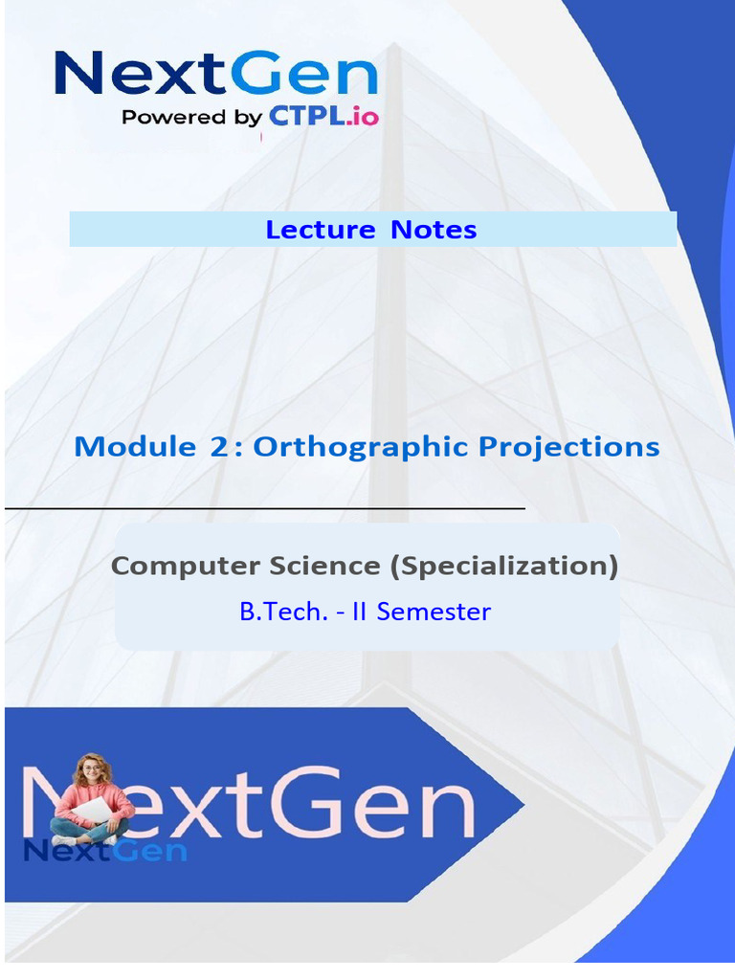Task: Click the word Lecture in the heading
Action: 320,230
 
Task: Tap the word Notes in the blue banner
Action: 434,230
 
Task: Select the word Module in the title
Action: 134,447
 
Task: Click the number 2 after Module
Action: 219,447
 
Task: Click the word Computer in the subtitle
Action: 185,567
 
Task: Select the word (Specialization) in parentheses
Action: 503,567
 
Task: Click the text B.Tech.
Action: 283,612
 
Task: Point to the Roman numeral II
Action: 359,612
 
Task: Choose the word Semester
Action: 434,612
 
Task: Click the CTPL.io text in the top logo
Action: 323,116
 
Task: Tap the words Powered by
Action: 191,118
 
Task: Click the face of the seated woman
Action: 91,771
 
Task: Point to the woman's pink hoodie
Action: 93,802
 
